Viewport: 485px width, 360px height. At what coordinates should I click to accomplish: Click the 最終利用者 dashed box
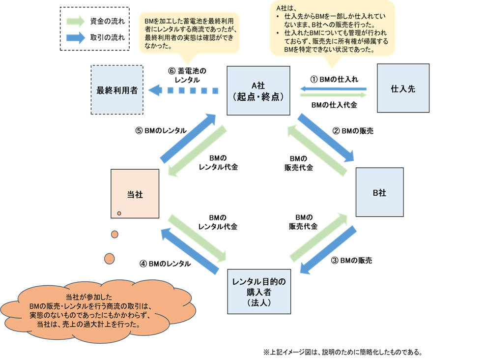[x=117, y=90]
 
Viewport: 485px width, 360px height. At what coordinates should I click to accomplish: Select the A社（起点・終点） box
[x=258, y=90]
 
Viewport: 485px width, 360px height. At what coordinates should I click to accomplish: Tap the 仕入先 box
[x=403, y=89]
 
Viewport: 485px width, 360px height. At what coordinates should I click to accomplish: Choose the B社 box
[x=379, y=192]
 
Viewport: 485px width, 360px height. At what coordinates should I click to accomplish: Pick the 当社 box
[x=135, y=194]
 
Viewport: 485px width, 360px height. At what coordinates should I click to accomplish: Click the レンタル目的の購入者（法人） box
[x=258, y=291]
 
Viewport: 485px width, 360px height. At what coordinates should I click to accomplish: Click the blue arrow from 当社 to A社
[x=188, y=138]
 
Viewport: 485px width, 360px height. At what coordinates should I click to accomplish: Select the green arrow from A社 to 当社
[x=198, y=150]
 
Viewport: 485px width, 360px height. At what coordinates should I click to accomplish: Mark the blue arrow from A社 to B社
[x=326, y=138]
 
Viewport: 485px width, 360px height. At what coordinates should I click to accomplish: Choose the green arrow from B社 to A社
[x=317, y=150]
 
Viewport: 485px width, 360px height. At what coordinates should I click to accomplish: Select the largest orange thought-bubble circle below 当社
[x=109, y=258]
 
